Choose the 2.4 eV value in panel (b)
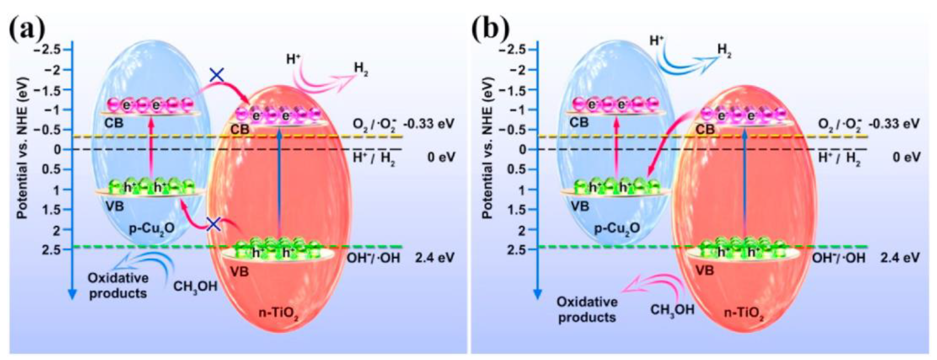pyautogui.click(x=899, y=258)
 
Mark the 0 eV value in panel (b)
pyautogui.click(x=906, y=157)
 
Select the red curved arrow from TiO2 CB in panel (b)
pyautogui.click(x=666, y=145)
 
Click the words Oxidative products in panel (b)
pyautogui.click(x=587, y=309)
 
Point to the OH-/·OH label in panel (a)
pyautogui.click(x=373, y=258)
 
